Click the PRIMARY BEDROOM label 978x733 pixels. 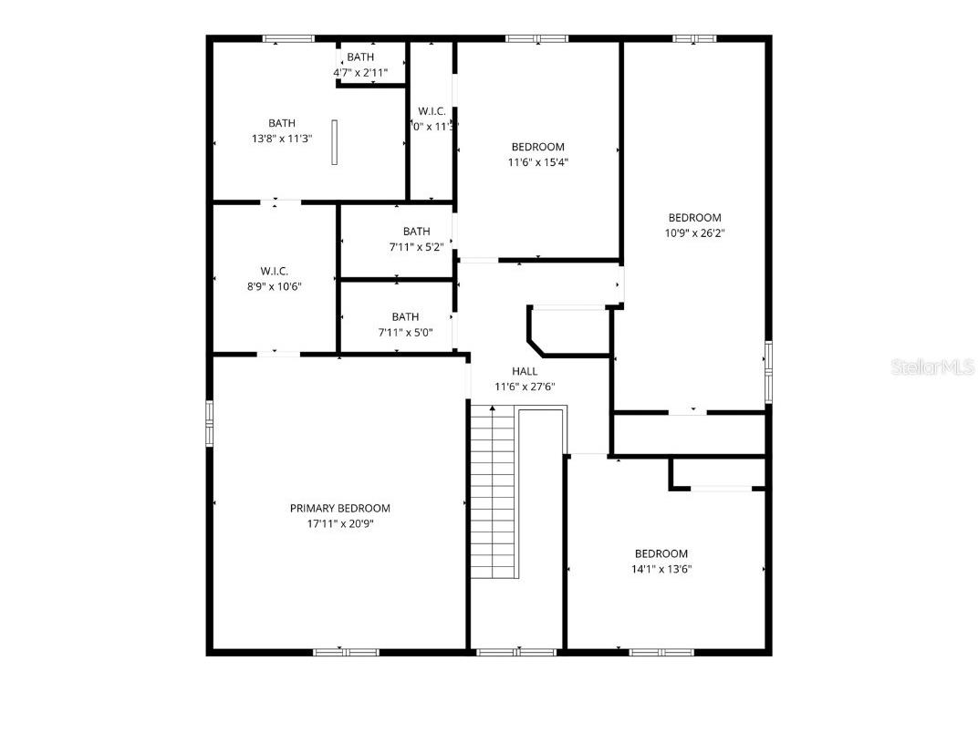tap(339, 509)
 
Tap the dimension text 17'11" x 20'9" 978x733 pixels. tap(339, 524)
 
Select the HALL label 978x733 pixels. tap(525, 371)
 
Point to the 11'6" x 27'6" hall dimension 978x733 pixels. tap(525, 387)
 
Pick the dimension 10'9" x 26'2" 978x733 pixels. tap(694, 233)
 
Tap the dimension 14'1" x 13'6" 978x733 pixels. tap(661, 569)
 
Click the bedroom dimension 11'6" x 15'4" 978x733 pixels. tap(537, 162)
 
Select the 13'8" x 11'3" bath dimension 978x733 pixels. tap(281, 139)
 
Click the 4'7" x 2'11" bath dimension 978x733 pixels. tap(360, 72)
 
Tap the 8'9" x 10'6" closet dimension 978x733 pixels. tap(274, 286)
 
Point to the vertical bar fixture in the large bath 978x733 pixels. tap(334, 142)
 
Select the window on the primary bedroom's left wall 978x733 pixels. tap(210, 424)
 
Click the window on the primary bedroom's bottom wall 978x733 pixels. tap(346, 652)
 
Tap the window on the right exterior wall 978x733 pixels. tap(768, 372)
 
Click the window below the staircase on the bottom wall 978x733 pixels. tap(516, 652)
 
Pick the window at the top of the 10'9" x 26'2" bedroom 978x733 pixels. tap(695, 38)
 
